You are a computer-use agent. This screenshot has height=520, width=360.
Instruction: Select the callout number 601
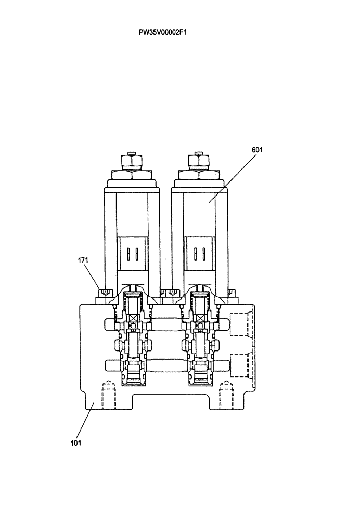click(258, 149)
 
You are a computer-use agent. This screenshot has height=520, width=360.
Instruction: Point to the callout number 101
click(75, 444)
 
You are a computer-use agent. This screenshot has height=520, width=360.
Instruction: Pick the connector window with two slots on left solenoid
click(132, 253)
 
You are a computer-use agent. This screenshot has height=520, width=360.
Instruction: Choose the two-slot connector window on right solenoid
click(199, 253)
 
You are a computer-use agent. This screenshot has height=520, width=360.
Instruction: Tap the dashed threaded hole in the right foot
click(225, 396)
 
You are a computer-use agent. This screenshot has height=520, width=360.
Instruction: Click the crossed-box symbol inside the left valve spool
click(132, 317)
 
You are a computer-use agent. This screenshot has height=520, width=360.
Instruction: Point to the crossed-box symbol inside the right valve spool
click(199, 317)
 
